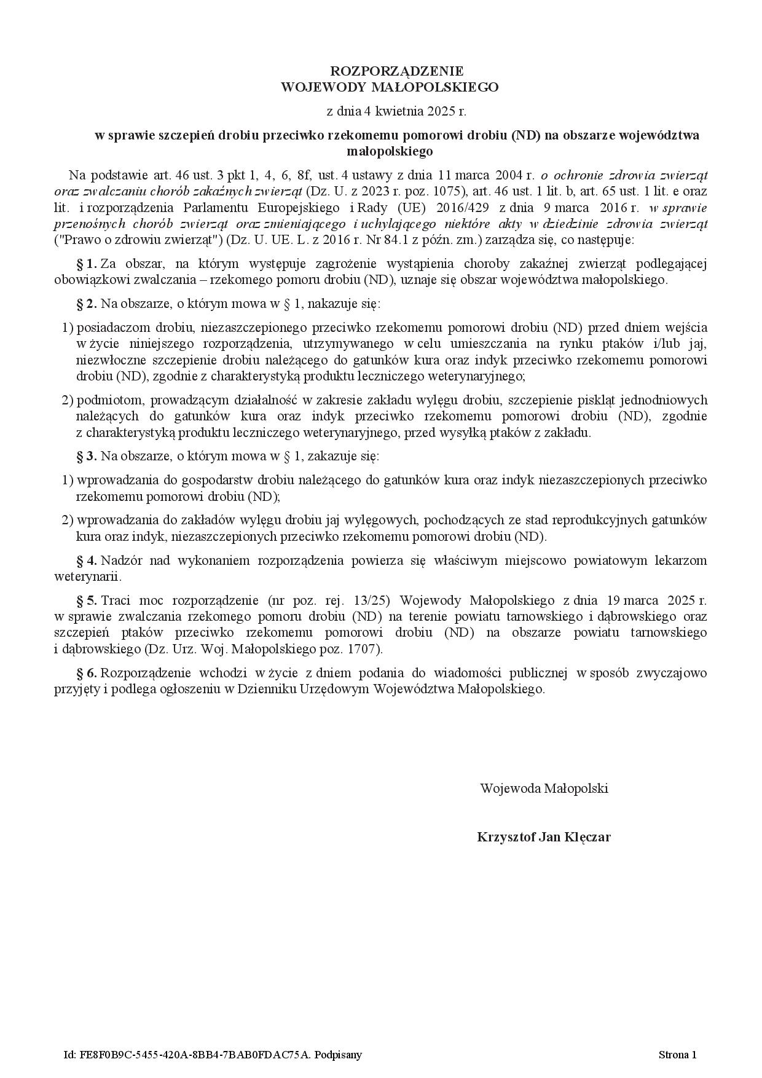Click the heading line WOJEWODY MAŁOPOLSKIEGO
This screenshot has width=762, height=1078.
[x=390, y=87]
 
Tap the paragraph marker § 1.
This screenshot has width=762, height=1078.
[x=86, y=264]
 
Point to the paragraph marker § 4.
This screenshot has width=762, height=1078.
[x=86, y=561]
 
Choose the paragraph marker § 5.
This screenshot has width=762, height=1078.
[x=86, y=600]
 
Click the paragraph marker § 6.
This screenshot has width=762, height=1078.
[x=86, y=673]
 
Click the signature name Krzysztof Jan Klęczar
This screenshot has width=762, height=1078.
[x=544, y=837]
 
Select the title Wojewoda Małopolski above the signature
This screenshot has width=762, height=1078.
[x=544, y=789]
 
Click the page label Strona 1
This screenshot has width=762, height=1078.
[x=677, y=1055]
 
